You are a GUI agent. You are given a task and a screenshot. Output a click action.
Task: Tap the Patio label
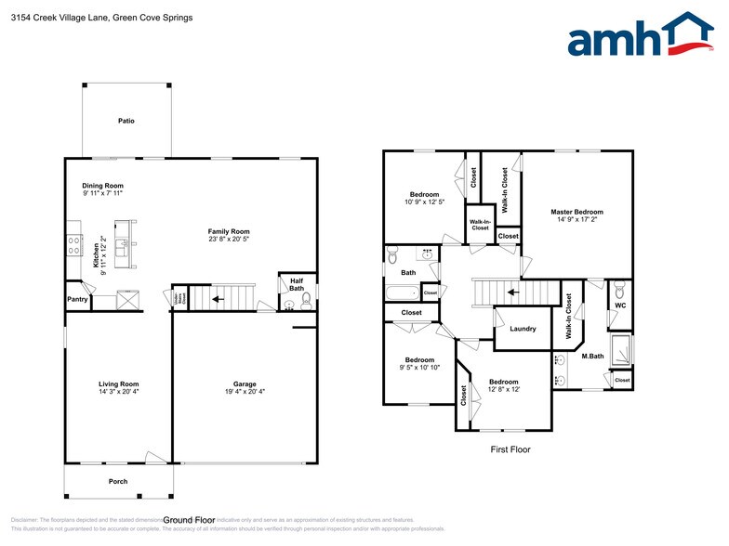point(126,121)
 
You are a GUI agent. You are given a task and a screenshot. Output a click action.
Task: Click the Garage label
point(245,383)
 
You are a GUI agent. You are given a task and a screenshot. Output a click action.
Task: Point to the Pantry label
point(77,300)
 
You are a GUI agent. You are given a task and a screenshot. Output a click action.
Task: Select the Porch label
point(117,481)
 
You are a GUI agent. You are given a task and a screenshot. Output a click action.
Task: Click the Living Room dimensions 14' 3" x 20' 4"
point(118,392)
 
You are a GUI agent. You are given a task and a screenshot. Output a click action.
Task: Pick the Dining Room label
point(102,186)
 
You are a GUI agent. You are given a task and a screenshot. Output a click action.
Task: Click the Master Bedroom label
point(577,212)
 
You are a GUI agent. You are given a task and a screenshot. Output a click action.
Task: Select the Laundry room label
point(523,329)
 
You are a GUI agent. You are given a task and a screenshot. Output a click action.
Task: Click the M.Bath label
point(592,356)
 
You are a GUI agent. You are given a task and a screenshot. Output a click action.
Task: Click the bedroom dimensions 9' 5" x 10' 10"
point(418,368)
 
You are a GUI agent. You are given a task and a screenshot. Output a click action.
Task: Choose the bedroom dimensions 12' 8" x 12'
point(503,390)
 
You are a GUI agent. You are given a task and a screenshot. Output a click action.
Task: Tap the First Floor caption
point(510,448)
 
